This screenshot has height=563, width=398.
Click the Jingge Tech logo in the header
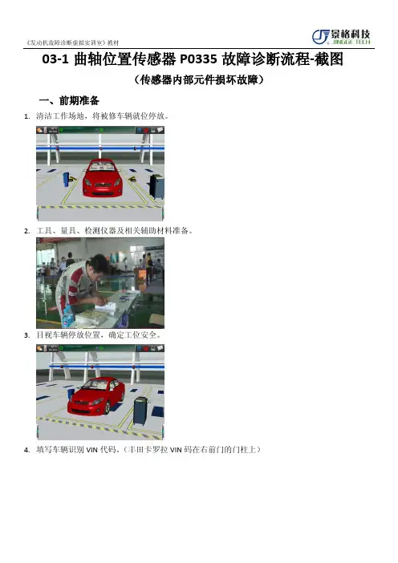[x=341, y=37]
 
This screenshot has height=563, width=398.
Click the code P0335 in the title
[x=198, y=59]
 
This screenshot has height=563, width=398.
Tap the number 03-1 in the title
[x=55, y=59]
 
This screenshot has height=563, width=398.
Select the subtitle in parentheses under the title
[x=199, y=79]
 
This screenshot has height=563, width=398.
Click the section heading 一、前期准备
[x=69, y=100]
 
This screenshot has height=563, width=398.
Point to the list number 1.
[x=26, y=116]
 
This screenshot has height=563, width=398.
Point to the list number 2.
[x=26, y=231]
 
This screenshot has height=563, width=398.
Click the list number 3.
[x=26, y=335]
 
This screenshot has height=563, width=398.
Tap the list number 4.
[x=26, y=450]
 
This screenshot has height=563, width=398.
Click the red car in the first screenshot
[x=103, y=178]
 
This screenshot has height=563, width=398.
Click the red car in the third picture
[x=96, y=395]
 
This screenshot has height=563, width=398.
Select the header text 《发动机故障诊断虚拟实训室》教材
[x=72, y=43]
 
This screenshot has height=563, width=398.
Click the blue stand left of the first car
[x=66, y=180]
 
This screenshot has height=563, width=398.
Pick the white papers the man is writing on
[x=107, y=307]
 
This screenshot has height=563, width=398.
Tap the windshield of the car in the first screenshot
[x=103, y=166]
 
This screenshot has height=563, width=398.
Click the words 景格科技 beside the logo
[x=351, y=34]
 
